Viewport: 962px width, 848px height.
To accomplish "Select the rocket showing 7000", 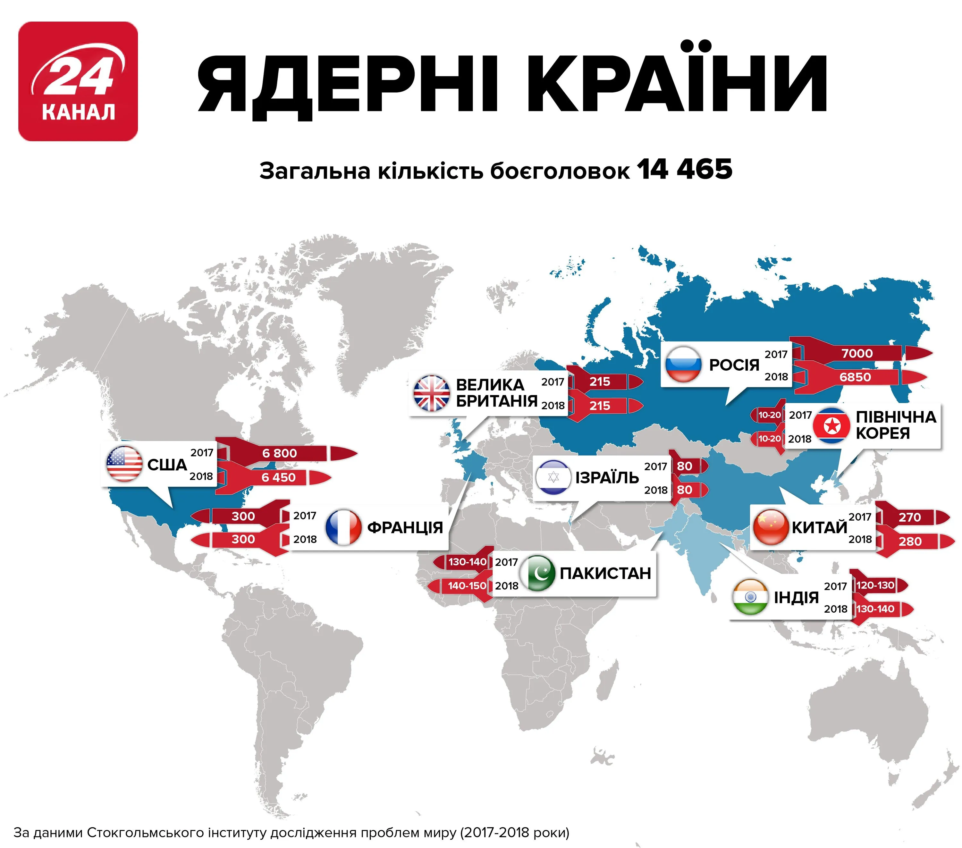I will point(857,353).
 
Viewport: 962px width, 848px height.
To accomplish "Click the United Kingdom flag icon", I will point(431,393).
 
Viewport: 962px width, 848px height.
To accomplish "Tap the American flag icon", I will point(124,464).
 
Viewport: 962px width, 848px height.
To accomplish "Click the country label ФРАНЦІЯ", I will point(405,527).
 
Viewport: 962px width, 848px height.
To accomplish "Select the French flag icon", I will point(343,527).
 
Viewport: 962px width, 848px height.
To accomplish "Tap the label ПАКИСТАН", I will point(605,573).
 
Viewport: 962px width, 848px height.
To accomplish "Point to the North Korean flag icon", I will point(832,426).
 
